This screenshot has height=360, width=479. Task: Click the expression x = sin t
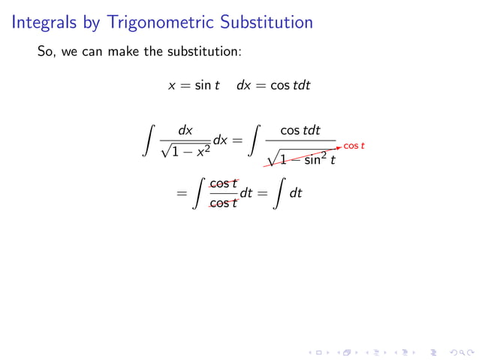tap(194, 86)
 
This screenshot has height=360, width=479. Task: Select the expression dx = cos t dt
tap(273, 86)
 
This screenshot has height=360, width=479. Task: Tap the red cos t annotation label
tap(354, 145)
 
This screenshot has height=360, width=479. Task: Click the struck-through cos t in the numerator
tap(223, 183)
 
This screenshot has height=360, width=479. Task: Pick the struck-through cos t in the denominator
tap(223, 202)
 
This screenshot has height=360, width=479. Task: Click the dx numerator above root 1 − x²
tap(185, 130)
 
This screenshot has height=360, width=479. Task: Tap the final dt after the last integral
tap(296, 193)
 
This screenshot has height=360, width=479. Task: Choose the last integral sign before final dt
tap(279, 193)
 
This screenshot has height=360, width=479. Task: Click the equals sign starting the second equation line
tap(180, 193)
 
